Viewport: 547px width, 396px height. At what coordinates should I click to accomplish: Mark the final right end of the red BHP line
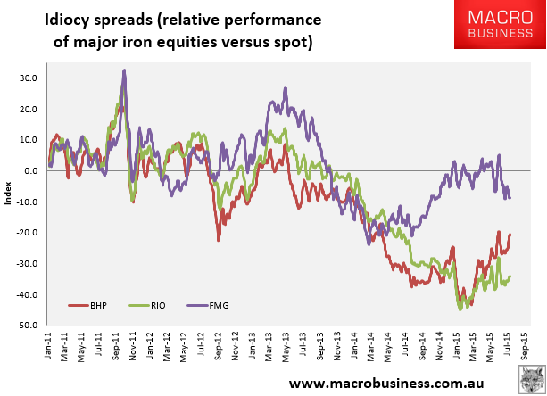click(x=510, y=235)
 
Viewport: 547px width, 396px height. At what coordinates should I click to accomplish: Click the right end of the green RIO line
click(x=510, y=276)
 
